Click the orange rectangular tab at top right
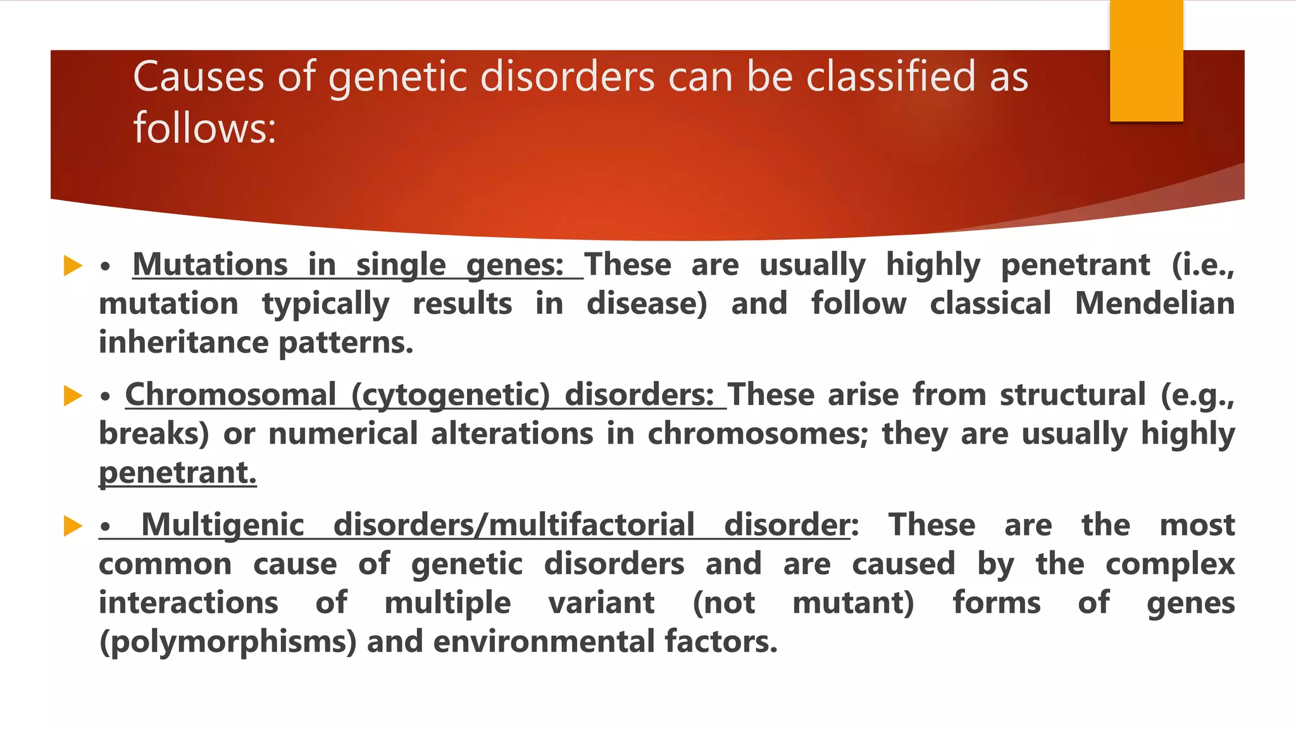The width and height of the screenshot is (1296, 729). point(1146,61)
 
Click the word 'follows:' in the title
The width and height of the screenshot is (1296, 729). point(204,128)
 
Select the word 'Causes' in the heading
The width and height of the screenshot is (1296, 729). point(198,77)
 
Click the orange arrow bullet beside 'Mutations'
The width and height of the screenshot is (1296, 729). point(73,266)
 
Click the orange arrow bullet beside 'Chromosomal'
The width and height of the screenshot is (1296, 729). point(73,396)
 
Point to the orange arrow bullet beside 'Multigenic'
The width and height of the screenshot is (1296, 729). point(73,526)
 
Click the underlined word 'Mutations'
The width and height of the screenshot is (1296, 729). point(210,265)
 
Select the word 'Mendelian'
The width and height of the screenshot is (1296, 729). point(1154,304)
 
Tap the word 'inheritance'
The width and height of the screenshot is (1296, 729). point(184,343)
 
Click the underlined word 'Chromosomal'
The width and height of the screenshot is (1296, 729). point(230,396)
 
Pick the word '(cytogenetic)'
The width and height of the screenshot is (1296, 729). point(451,396)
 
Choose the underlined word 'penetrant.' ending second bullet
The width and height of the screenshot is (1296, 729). point(178,473)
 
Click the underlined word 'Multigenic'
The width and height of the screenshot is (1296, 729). point(222,525)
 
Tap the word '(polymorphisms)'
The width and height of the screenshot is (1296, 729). point(228,642)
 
